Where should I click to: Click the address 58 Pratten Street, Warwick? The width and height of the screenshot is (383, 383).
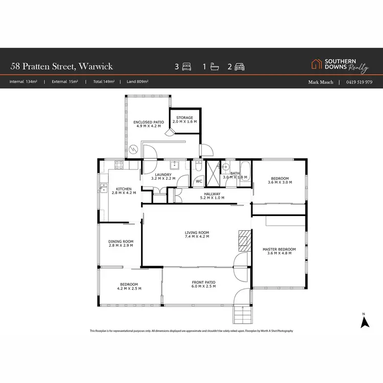click(61, 66)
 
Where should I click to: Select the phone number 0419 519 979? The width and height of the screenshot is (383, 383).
click(359, 82)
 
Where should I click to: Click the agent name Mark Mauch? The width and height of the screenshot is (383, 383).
click(320, 82)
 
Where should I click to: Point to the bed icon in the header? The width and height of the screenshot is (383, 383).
click(186, 66)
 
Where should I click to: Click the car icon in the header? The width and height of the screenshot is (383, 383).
click(240, 66)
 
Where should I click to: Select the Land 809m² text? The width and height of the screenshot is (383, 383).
click(134, 82)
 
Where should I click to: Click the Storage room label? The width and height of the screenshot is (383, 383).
click(184, 117)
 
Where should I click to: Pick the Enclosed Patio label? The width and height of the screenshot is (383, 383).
click(148, 123)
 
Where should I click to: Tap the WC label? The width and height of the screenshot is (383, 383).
click(199, 181)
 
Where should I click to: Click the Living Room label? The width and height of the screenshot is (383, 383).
click(197, 233)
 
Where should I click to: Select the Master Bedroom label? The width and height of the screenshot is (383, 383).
click(279, 250)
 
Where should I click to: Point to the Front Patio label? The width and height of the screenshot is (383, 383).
click(203, 282)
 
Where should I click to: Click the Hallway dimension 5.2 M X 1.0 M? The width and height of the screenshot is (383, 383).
click(212, 198)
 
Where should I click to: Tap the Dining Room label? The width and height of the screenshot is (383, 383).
click(121, 242)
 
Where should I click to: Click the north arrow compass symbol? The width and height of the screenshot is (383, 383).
click(365, 322)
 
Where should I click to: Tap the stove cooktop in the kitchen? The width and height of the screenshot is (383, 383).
click(119, 165)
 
